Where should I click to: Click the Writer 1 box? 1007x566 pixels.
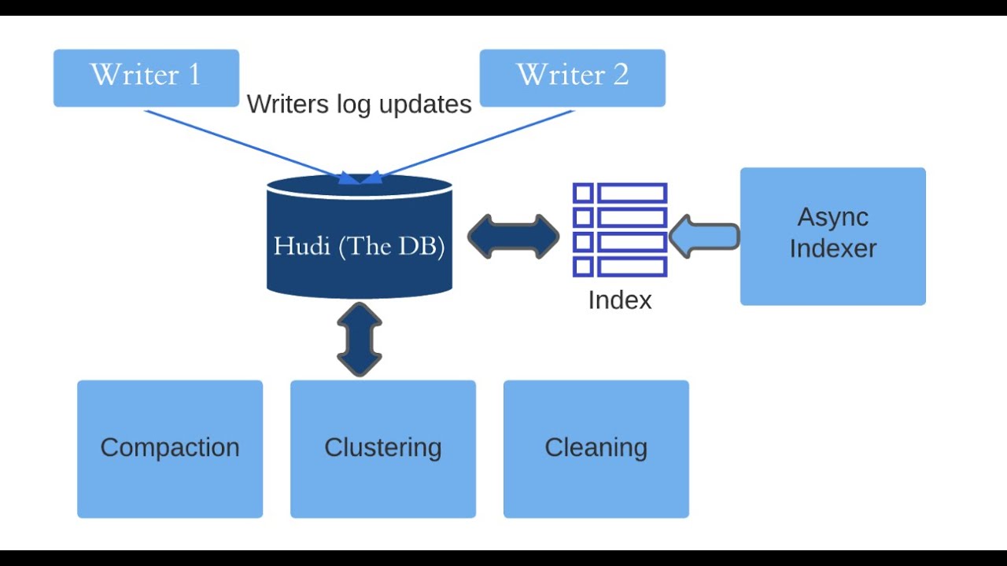pos(146,78)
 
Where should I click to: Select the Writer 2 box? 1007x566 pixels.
pos(572,78)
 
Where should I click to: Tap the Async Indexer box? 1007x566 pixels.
pos(832,236)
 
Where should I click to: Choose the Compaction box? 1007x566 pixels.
pos(170,449)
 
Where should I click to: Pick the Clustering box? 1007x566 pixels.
pos(382,449)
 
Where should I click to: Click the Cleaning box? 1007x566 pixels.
pos(596,449)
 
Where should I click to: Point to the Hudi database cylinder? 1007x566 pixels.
pos(360,237)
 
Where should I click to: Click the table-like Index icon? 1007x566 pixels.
pos(620,230)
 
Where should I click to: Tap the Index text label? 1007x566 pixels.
pos(620,300)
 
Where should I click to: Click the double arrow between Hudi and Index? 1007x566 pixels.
pos(513,237)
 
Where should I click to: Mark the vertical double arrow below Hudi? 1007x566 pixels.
pos(360,339)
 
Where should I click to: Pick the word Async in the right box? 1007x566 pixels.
pos(832,217)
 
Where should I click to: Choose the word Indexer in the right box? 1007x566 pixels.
pos(832,248)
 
